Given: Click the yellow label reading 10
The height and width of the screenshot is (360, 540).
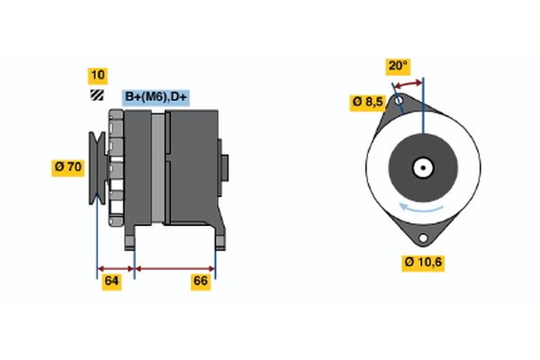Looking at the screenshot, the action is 98,76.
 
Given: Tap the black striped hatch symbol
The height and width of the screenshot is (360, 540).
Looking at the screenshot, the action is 97,95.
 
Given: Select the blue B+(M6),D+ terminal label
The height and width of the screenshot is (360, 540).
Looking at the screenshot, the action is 156,97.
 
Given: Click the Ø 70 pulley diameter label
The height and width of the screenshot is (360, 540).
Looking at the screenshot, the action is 68,167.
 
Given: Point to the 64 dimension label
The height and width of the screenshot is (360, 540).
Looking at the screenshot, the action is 112,282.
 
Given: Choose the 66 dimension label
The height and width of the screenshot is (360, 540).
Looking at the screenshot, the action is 201,282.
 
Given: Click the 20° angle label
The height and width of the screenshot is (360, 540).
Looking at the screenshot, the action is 398,66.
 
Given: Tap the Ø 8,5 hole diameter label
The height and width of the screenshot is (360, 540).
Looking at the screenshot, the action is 367,103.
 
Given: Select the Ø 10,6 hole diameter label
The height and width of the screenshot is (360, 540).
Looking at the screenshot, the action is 423,263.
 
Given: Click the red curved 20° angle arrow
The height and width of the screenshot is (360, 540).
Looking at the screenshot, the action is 409,83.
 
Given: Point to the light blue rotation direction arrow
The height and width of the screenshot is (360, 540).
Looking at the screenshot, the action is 421,208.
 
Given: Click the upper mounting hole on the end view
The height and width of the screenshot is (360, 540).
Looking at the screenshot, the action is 399,101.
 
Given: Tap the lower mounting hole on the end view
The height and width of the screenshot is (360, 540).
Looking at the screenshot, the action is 423,238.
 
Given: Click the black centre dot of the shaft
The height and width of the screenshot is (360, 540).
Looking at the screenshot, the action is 423,168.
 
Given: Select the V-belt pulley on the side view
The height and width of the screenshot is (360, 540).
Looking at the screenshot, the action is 97,168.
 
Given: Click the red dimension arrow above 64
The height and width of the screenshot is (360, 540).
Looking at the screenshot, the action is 116,269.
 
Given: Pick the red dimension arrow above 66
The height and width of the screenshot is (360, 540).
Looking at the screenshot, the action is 175,269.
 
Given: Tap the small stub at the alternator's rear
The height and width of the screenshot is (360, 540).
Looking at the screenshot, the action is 224,167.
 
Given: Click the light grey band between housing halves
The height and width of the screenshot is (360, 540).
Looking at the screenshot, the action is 158,168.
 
